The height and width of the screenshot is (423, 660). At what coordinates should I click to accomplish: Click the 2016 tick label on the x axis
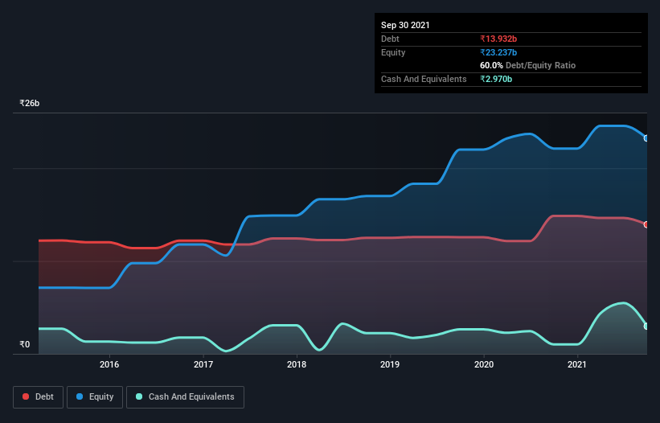[x=109, y=364]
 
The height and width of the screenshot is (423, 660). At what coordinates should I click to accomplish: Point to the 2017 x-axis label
[x=203, y=364]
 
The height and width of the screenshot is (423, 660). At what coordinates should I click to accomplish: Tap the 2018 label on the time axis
[x=297, y=364]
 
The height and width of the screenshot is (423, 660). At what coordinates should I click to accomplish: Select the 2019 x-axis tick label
[x=390, y=364]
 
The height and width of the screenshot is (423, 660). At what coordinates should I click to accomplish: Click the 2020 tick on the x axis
[x=484, y=364]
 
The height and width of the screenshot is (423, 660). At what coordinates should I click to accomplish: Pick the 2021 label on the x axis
[x=577, y=364]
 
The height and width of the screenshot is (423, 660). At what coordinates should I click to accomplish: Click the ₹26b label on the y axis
[x=30, y=104]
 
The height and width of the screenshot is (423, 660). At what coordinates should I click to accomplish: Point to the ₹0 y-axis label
[x=25, y=344]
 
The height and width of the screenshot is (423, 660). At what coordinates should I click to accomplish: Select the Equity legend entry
[x=94, y=396]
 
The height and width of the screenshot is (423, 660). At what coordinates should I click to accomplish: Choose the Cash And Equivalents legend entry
[x=185, y=396]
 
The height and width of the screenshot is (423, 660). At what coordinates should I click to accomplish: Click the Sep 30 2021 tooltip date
[x=405, y=25]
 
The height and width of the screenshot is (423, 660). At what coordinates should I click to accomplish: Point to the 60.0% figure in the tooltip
[x=492, y=65]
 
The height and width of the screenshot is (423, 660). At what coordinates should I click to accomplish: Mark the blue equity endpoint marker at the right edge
[x=646, y=138]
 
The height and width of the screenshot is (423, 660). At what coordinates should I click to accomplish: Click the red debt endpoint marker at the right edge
[x=646, y=224]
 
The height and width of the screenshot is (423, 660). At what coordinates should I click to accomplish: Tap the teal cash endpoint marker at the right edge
[x=646, y=326]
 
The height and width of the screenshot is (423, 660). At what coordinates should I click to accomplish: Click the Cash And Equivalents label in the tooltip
[x=424, y=79]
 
